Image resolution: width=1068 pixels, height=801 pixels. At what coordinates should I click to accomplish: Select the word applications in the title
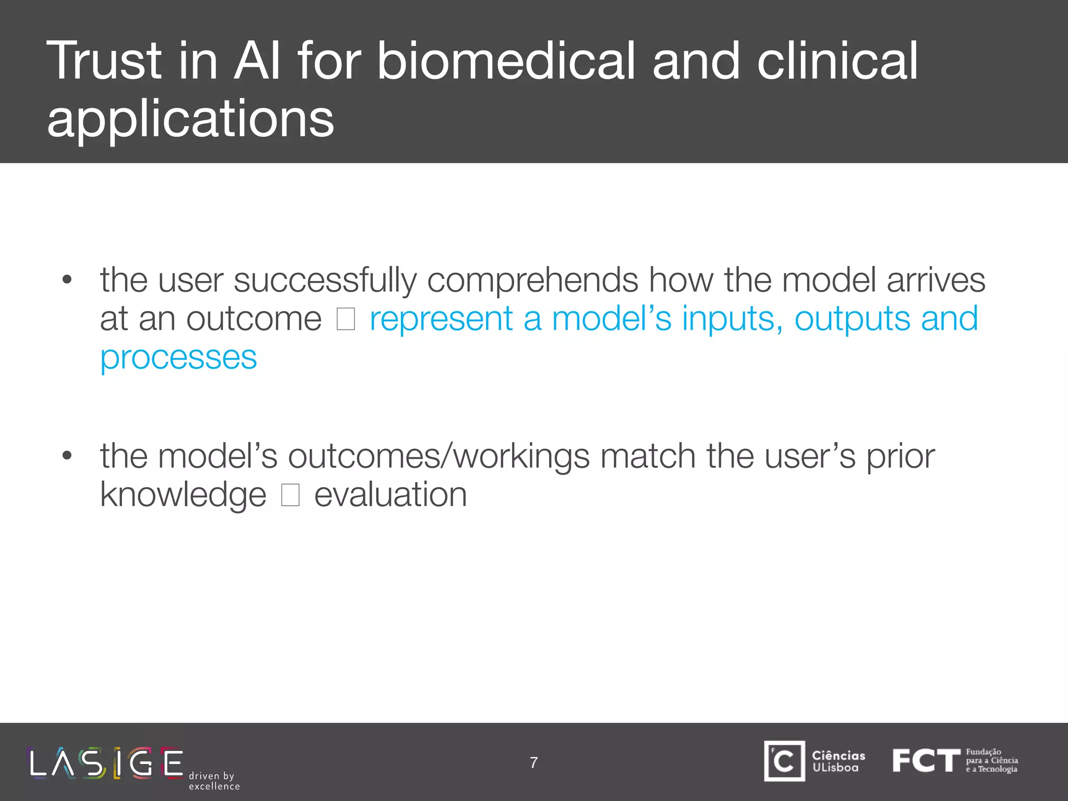click(x=190, y=119)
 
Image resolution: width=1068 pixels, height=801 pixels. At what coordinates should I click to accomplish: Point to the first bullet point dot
click(x=66, y=280)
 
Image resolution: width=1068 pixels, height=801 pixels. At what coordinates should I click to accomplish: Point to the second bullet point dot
click(x=66, y=456)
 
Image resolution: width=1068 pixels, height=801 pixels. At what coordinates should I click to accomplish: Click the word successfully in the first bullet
click(x=325, y=280)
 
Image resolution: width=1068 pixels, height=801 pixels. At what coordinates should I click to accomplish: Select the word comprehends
click(x=532, y=280)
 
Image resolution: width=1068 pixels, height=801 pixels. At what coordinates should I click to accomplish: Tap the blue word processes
click(x=178, y=358)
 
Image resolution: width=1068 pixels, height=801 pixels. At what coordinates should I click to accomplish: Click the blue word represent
click(x=441, y=319)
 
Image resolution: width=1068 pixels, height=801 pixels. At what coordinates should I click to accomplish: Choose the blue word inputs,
click(x=732, y=319)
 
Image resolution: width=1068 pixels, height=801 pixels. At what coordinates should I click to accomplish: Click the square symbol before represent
click(x=346, y=319)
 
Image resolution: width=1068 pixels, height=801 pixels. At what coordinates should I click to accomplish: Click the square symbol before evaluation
click(x=290, y=495)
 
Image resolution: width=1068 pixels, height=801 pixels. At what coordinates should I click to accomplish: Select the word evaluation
click(x=390, y=495)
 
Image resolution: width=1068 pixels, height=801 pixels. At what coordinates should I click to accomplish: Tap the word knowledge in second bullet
click(x=183, y=495)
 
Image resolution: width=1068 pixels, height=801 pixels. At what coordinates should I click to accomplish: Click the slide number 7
click(x=533, y=762)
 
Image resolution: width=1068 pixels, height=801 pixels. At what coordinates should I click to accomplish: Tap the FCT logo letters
click(x=926, y=760)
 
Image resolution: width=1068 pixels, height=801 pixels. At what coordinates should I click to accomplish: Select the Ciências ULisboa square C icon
click(x=784, y=761)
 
